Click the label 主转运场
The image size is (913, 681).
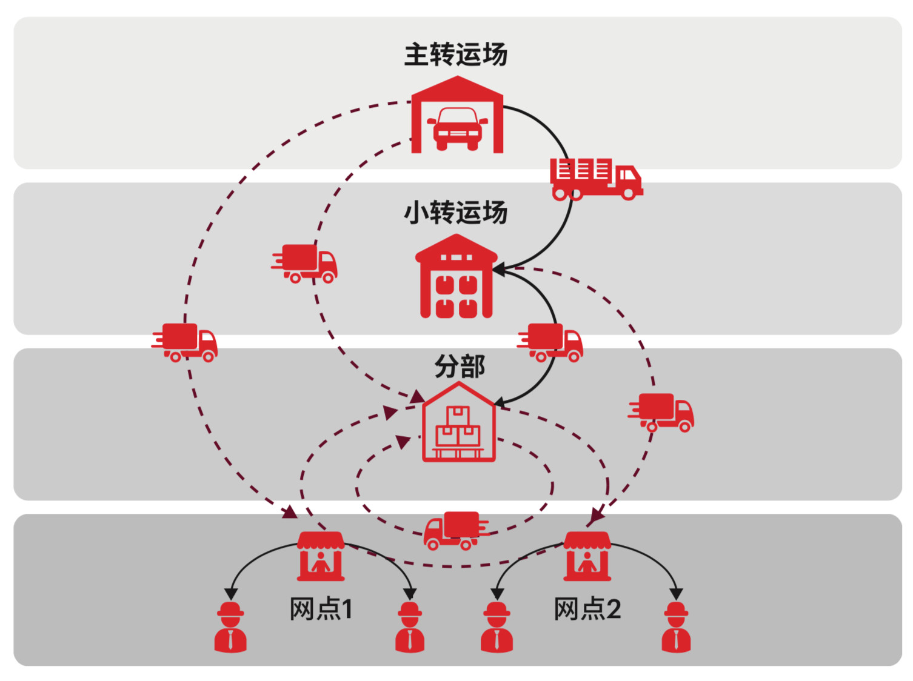click(x=455, y=55)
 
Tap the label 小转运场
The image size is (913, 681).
click(x=455, y=213)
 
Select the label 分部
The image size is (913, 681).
click(x=459, y=367)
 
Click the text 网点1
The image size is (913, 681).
click(x=321, y=609)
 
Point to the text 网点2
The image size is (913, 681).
click(x=587, y=609)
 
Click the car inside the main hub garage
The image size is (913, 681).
click(x=457, y=128)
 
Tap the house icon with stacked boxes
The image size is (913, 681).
click(x=459, y=424)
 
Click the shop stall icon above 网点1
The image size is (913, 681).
click(x=321, y=556)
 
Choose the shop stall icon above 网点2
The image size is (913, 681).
click(x=587, y=556)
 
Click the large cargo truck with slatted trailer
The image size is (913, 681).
click(x=595, y=179)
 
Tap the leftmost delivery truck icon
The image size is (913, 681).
click(x=185, y=342)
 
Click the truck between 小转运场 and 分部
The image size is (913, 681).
click(x=550, y=342)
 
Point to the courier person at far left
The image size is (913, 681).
click(x=230, y=627)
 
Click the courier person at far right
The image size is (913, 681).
click(x=676, y=627)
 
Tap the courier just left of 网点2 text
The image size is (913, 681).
click(x=497, y=627)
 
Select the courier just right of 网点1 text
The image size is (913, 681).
click(x=410, y=627)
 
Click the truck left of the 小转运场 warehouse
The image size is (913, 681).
click(x=305, y=264)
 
